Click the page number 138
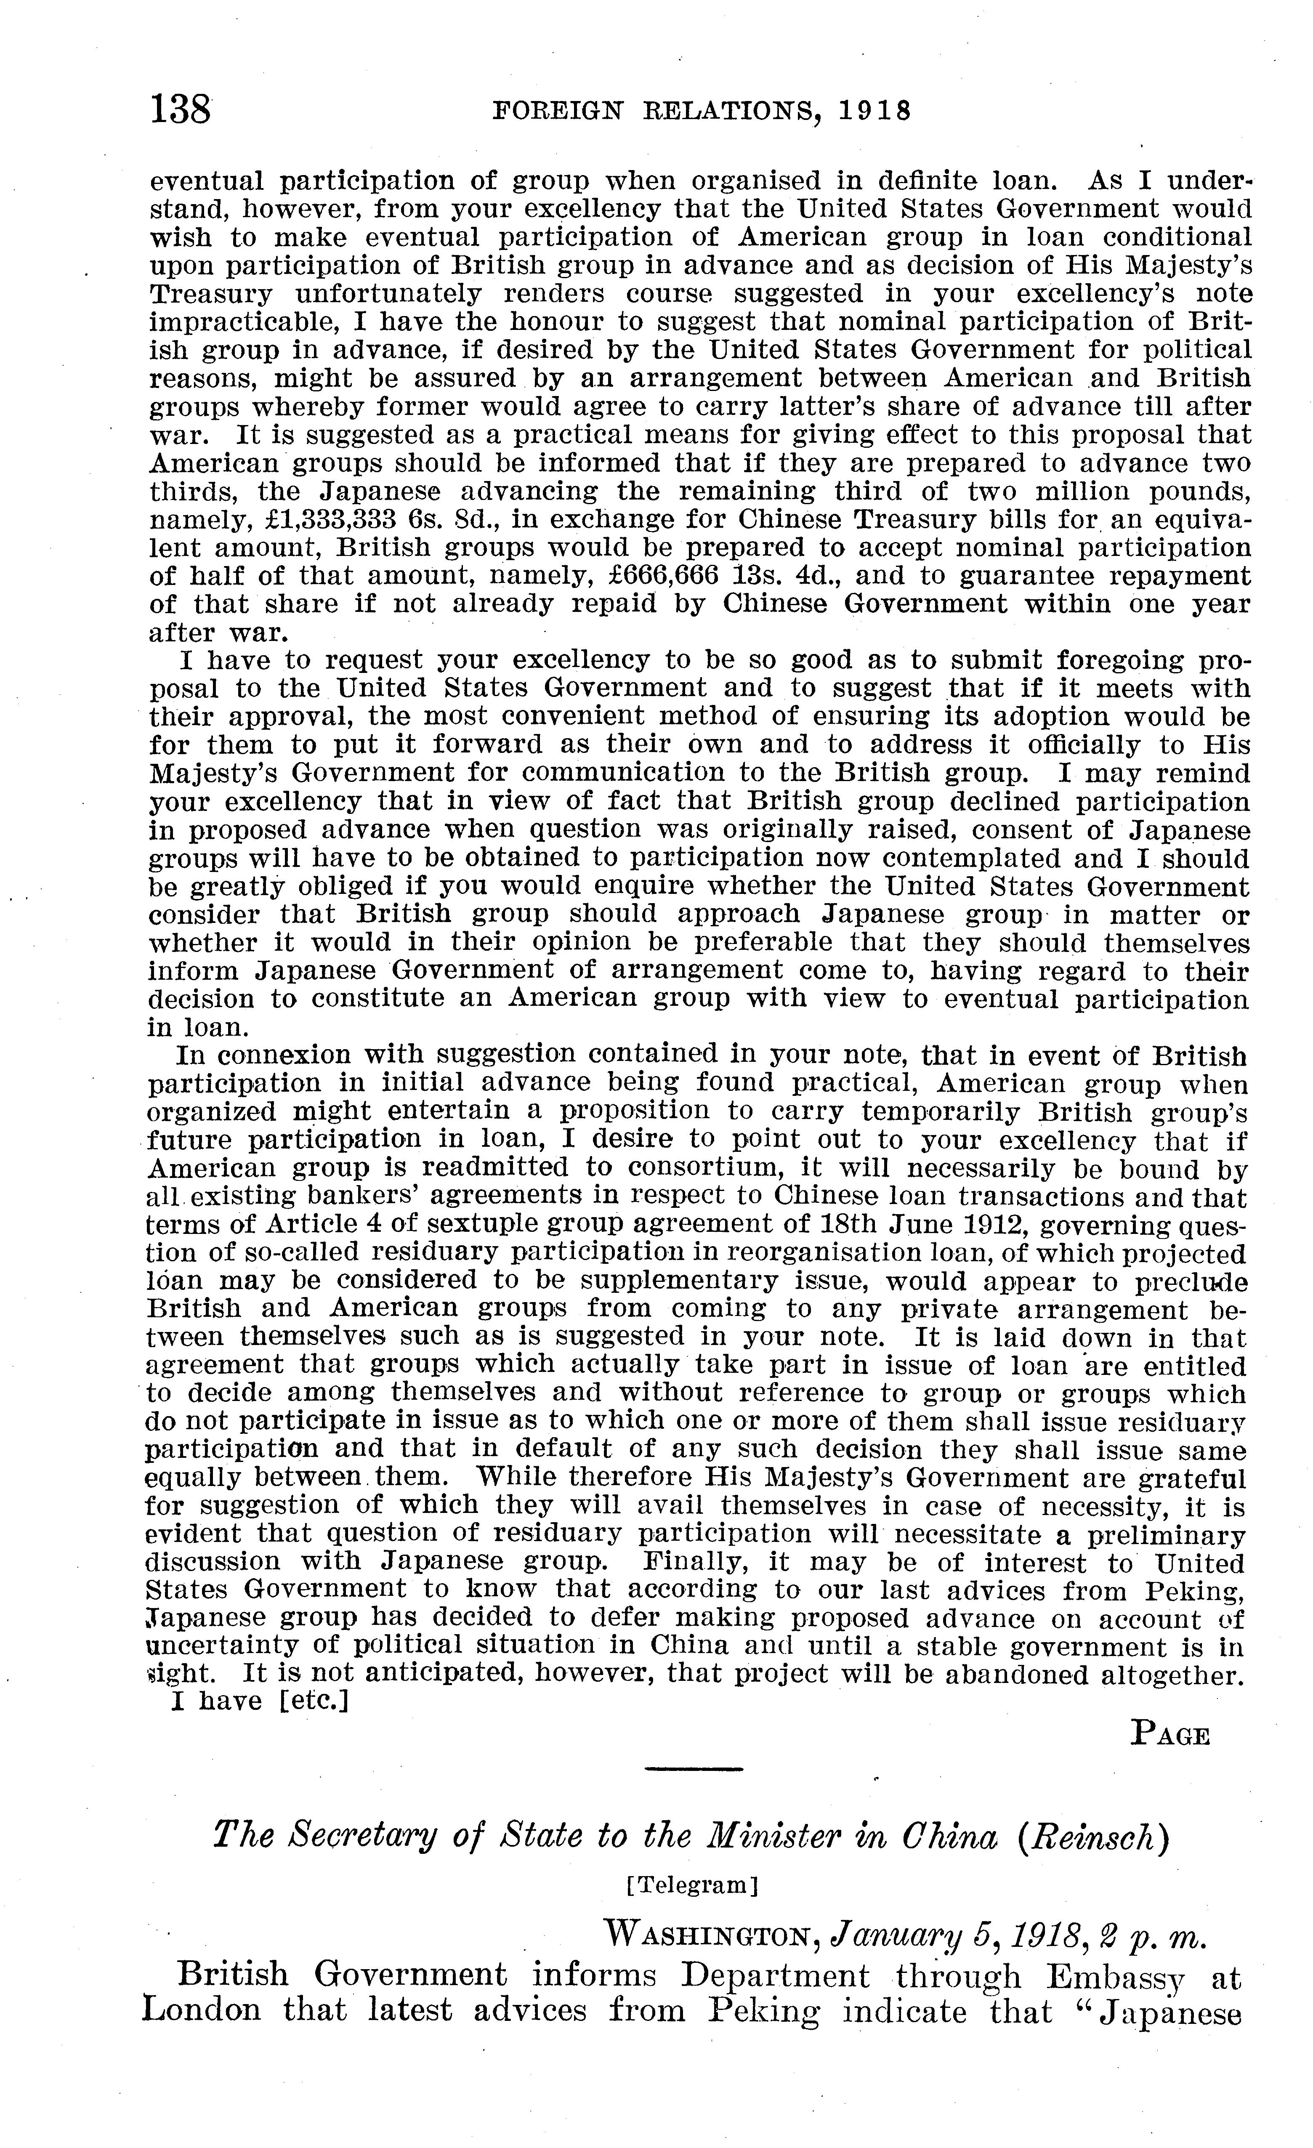(x=181, y=111)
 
